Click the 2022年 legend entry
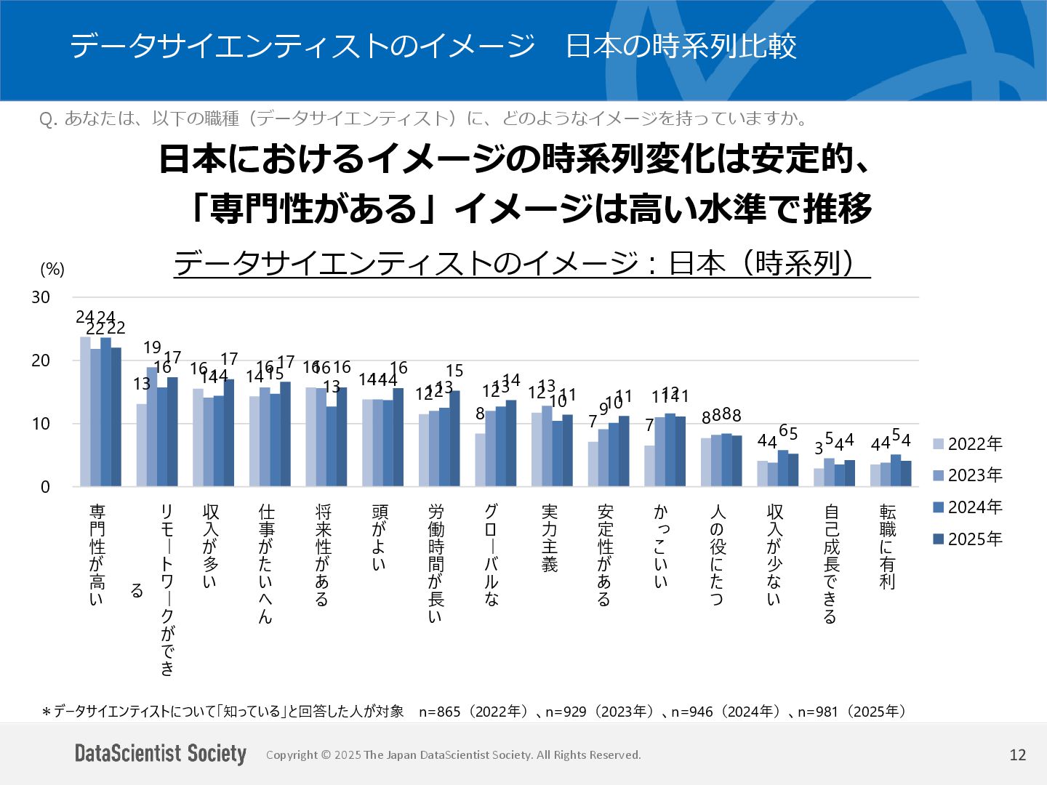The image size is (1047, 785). pyautogui.click(x=967, y=444)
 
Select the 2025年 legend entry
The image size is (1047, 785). pyautogui.click(x=967, y=539)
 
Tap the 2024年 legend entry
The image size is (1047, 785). pyautogui.click(x=967, y=507)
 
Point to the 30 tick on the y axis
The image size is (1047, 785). pyautogui.click(x=41, y=297)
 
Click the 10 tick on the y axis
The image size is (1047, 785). pyautogui.click(x=41, y=424)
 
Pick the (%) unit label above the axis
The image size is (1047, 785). pyautogui.click(x=52, y=270)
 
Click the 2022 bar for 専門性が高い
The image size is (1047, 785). pyautogui.click(x=85, y=411)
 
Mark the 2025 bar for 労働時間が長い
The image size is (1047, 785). pyautogui.click(x=454, y=439)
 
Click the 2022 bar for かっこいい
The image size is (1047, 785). pyautogui.click(x=649, y=466)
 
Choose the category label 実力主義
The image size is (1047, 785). pyautogui.click(x=550, y=538)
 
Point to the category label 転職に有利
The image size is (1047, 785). pyautogui.click(x=887, y=547)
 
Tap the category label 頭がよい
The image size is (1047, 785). pyautogui.click(x=380, y=538)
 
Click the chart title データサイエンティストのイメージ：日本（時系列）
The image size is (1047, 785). pyautogui.click(x=521, y=263)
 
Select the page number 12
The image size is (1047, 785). pyautogui.click(x=1017, y=755)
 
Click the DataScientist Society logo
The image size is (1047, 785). pyautogui.click(x=161, y=754)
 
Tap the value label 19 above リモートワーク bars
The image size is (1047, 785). pyautogui.click(x=152, y=347)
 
